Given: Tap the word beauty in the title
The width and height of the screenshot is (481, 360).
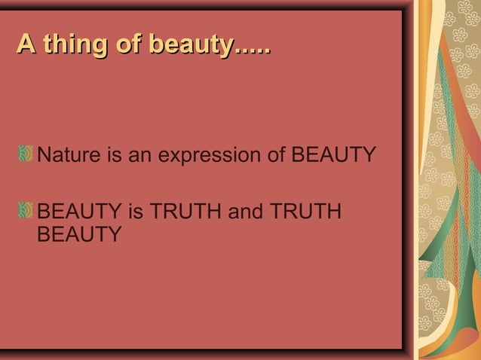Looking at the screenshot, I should click(189, 44).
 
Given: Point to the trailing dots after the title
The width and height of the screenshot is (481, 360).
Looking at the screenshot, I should click(252, 50).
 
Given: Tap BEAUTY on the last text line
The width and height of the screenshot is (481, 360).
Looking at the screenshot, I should click(80, 234).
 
